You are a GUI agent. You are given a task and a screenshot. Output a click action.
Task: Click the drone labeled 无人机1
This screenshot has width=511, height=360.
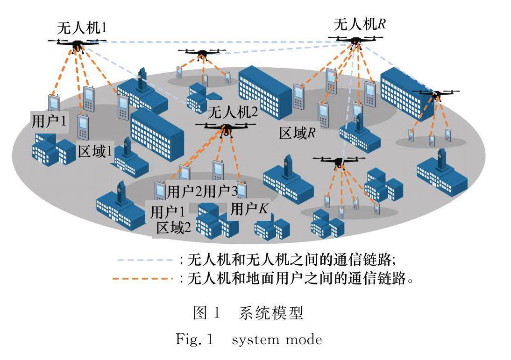click(76, 44)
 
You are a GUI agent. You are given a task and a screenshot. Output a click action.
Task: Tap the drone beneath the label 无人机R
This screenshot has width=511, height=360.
click(355, 41)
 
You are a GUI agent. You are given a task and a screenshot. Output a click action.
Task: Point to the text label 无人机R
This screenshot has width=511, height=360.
click(359, 23)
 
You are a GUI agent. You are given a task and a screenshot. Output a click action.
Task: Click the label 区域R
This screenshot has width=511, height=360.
click(298, 133)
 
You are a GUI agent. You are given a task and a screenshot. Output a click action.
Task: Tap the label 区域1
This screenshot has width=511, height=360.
click(96, 152)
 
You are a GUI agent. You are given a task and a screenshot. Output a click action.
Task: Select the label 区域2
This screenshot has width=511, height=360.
click(173, 228)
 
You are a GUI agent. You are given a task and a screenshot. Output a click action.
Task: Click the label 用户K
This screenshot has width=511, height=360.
click(250, 209)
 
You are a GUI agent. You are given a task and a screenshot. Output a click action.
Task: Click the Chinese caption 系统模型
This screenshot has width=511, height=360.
click(271, 313)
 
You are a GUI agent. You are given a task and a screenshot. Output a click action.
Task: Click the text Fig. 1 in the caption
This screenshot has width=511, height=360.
click(194, 339)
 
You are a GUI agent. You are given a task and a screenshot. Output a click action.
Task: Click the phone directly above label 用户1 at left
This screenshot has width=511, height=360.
click(54, 104)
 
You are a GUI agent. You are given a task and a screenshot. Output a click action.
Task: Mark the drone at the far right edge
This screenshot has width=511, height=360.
click(436, 95)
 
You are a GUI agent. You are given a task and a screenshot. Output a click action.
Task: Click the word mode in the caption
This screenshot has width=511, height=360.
click(303, 340)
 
